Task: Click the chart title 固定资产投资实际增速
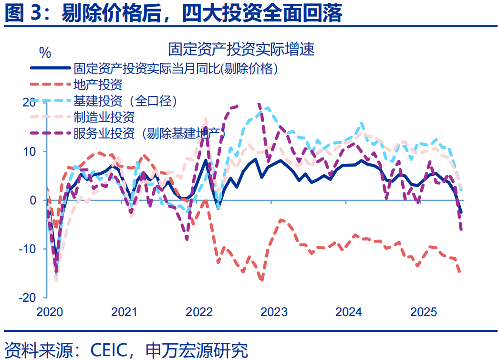(241, 49)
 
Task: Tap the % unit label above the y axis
(45, 52)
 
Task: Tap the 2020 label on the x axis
(50, 312)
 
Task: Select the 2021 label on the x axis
(124, 312)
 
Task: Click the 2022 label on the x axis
(199, 312)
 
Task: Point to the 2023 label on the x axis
(274, 312)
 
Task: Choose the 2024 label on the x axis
(349, 312)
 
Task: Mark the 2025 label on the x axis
(424, 312)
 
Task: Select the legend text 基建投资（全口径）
(125, 101)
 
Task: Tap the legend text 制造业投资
(104, 116)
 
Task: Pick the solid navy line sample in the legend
(50, 68)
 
